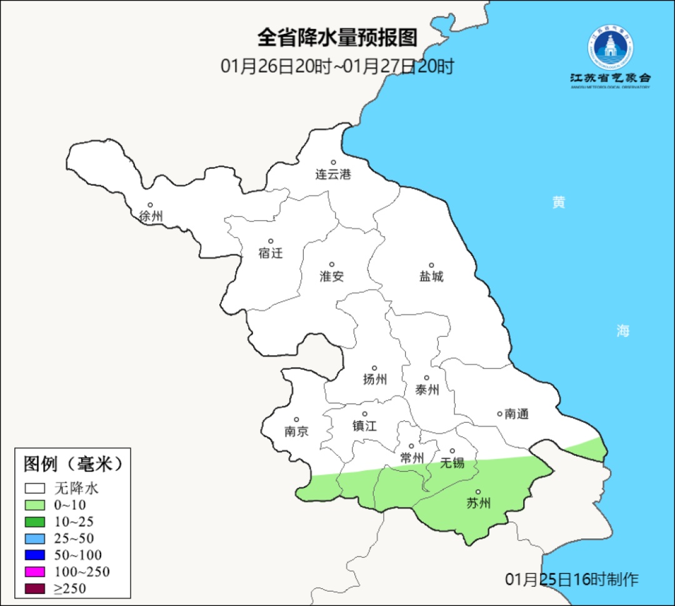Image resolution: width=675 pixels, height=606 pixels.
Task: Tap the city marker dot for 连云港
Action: [333, 163]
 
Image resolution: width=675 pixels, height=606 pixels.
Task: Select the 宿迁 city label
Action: [271, 253]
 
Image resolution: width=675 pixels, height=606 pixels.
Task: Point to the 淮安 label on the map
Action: [332, 276]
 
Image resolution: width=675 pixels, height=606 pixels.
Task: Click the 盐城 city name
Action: [431, 276]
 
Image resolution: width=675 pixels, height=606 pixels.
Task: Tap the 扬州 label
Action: [375, 379]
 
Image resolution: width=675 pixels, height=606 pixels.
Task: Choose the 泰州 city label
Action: [427, 390]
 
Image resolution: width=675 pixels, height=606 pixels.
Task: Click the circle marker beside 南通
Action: [499, 413]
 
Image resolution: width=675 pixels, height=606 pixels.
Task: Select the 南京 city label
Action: [296, 432]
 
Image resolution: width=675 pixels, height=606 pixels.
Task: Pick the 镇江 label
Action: [364, 425]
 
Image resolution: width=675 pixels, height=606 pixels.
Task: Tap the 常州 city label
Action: [412, 458]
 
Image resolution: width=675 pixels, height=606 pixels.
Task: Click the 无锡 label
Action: [452, 462]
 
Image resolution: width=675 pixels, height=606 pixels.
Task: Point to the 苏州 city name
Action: [479, 503]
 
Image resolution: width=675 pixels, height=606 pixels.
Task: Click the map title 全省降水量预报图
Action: [337, 38]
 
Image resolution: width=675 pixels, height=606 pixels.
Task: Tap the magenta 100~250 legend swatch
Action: [35, 572]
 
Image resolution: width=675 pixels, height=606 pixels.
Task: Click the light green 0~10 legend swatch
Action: [35, 505]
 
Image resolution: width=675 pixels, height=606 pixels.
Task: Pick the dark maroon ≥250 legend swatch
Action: [35, 588]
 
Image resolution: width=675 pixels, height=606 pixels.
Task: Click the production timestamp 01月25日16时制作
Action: [572, 579]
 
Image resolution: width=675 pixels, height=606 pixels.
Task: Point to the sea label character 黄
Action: [559, 203]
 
